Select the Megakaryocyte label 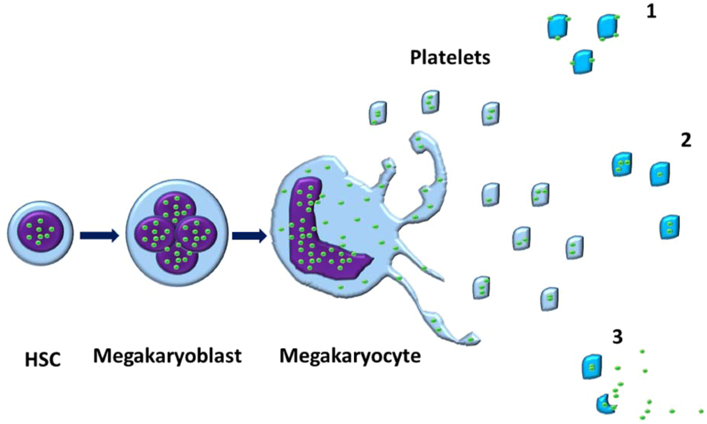pos(350,356)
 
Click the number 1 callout pos(651,12)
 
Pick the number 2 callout pos(685,141)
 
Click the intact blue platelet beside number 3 pos(591,366)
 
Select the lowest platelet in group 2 pos(670,227)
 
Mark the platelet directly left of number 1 pos(607,26)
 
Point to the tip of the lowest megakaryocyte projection pos(471,339)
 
